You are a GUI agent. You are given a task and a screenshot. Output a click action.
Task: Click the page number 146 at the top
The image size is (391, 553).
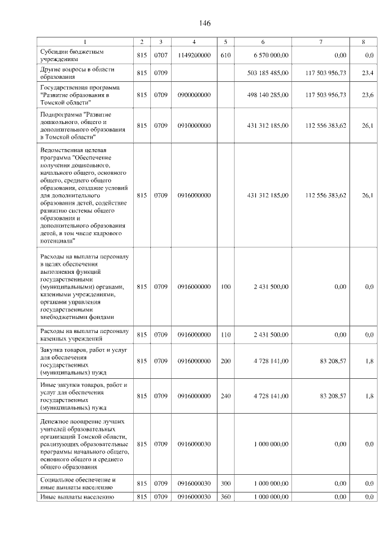point(204,23)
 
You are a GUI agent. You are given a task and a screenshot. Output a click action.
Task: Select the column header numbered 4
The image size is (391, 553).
point(193,42)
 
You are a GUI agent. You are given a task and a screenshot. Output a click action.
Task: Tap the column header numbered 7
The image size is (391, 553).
point(321,42)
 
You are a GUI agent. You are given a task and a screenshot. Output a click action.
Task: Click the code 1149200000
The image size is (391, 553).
point(194,56)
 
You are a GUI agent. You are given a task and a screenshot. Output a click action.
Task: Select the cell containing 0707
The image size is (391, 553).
point(161,56)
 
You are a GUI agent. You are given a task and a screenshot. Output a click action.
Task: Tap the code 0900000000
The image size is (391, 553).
point(194,95)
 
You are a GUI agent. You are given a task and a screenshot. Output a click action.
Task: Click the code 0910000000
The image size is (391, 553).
point(194,125)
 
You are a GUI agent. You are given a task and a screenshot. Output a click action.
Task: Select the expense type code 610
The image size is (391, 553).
point(225,56)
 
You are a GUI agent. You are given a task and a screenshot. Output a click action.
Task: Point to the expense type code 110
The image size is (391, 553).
point(225,335)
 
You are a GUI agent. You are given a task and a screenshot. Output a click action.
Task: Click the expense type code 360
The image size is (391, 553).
point(225,497)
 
